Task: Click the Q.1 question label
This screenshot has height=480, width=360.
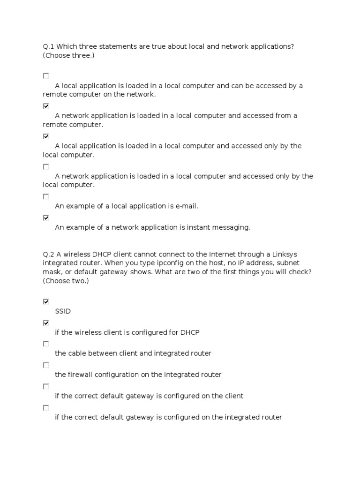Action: click(x=48, y=47)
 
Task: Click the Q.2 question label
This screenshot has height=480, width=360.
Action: click(x=48, y=255)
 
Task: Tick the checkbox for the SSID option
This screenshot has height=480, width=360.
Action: click(x=46, y=301)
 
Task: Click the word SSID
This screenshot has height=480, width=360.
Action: click(x=63, y=311)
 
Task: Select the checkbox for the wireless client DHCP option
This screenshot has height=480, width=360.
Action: click(x=46, y=322)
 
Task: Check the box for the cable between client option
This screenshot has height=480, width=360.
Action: click(x=46, y=344)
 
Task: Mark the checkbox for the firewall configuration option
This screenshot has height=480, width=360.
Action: click(x=46, y=365)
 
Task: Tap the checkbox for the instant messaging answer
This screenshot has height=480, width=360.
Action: click(x=46, y=217)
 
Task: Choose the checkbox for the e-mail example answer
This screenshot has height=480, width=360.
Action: click(x=46, y=196)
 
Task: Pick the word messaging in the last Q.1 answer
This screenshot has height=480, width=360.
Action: click(x=231, y=227)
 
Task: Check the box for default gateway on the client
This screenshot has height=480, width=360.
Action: click(x=46, y=386)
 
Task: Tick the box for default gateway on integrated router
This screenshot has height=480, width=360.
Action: click(x=46, y=408)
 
